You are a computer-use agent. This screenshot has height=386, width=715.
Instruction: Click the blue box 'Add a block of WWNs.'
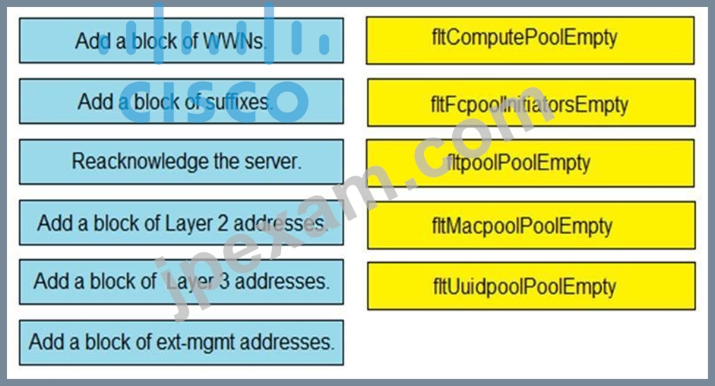(x=182, y=40)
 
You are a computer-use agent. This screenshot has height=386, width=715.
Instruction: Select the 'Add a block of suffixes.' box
(x=182, y=101)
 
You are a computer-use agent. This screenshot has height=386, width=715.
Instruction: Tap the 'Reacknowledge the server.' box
(x=182, y=162)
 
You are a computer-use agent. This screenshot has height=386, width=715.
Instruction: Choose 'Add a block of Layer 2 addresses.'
(x=182, y=223)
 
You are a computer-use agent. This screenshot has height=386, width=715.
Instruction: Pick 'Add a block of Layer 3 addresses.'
(x=182, y=282)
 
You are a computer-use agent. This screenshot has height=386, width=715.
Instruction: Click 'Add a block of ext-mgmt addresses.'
(x=182, y=343)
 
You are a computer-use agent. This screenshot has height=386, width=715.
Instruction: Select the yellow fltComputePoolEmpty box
(x=530, y=40)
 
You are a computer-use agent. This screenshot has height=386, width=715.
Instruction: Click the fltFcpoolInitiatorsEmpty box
(x=531, y=103)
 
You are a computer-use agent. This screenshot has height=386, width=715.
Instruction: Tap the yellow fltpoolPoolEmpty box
(x=530, y=163)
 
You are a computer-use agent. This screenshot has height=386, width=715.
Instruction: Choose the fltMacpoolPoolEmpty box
(x=531, y=226)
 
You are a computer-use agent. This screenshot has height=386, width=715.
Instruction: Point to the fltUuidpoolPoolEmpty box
(x=531, y=286)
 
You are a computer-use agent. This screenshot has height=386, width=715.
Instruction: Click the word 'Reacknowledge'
(x=141, y=163)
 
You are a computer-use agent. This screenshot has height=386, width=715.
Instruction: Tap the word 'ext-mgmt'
(x=195, y=342)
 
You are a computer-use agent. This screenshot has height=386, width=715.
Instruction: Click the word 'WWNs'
(x=233, y=41)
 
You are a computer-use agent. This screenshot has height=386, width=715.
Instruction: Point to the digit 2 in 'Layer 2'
(x=223, y=223)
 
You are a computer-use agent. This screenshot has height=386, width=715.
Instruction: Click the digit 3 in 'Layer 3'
(x=223, y=281)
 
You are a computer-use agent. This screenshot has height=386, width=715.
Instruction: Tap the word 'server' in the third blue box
(x=270, y=163)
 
